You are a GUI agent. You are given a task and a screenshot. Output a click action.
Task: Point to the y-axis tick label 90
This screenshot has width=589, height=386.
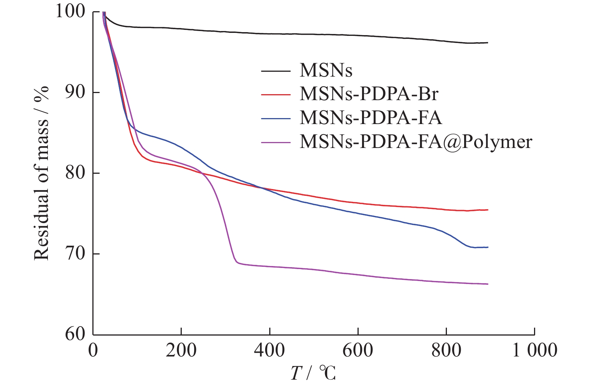[x=75, y=92]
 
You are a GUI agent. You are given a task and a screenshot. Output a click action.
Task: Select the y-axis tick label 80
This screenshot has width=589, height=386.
[x=75, y=173]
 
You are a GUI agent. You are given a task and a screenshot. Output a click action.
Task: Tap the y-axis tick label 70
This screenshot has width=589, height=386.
[x=75, y=254]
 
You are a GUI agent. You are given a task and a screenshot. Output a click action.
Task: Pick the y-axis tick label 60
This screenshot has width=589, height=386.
[x=75, y=334]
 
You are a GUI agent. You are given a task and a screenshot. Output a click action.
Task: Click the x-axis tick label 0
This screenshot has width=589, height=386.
[x=93, y=351]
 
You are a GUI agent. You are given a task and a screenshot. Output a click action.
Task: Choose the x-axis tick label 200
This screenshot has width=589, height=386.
[x=181, y=351]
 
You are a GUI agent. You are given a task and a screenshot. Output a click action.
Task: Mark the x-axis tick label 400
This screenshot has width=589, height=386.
[x=269, y=351]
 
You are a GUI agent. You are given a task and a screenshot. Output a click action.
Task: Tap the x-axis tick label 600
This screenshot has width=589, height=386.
[x=358, y=351]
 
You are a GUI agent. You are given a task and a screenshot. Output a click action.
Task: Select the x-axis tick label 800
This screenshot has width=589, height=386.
[x=446, y=351]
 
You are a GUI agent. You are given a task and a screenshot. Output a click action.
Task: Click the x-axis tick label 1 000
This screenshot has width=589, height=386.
[x=534, y=351]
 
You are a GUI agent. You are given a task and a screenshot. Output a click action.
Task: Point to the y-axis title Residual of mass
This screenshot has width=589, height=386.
[x=42, y=173]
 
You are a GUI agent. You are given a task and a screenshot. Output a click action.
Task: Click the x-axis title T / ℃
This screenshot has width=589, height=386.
[x=313, y=373]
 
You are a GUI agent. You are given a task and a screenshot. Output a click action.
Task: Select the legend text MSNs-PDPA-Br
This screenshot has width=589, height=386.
[x=369, y=94]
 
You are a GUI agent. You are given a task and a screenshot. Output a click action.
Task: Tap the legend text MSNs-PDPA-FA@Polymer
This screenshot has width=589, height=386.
[x=415, y=142]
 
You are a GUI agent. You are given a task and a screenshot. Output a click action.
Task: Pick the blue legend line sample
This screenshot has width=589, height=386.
[x=276, y=118]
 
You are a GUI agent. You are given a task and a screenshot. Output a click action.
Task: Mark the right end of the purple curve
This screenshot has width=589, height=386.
[x=488, y=284]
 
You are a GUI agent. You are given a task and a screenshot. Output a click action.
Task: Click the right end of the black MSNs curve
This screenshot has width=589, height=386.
[x=488, y=43]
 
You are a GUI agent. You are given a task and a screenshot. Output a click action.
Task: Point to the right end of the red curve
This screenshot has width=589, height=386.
[x=488, y=210]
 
